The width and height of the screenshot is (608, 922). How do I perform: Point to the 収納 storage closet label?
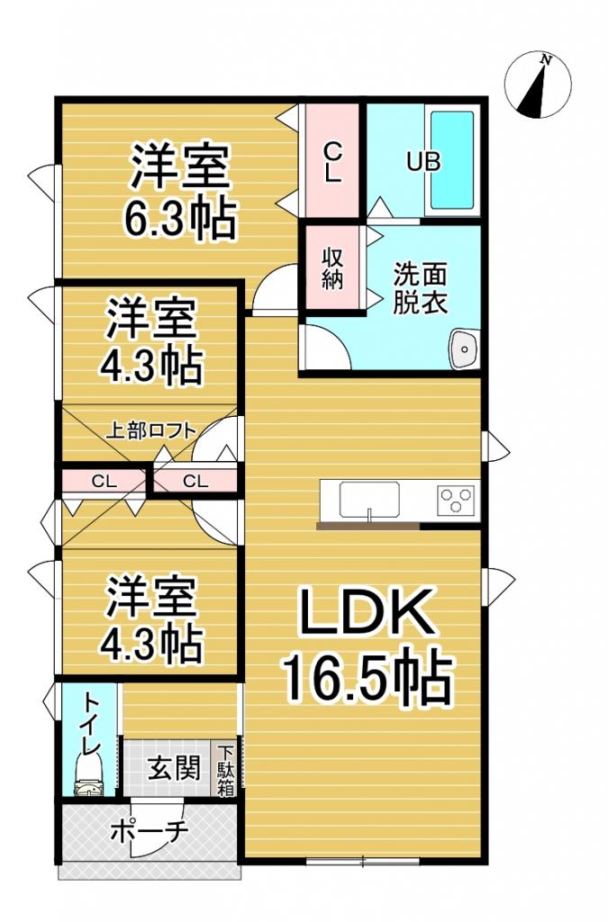(x=332, y=267)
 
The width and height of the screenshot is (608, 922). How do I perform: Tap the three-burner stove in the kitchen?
(x=455, y=499)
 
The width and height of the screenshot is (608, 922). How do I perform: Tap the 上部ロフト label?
(x=151, y=429)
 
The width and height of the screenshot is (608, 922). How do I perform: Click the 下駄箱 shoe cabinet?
(x=224, y=768)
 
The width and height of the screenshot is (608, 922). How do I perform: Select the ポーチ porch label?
(x=149, y=830)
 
